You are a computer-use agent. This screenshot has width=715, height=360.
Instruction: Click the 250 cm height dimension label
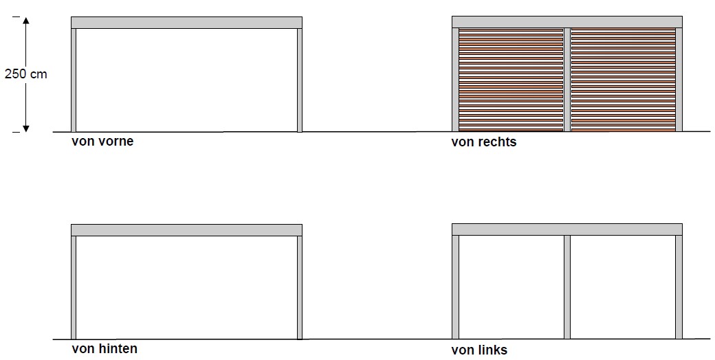point(26,74)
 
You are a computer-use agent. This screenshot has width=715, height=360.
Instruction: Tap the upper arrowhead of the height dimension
point(26,21)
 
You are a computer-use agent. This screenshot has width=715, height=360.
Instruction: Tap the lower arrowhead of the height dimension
point(26,128)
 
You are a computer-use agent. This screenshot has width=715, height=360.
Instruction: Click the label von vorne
point(102,142)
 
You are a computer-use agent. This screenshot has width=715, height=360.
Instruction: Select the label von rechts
point(484,142)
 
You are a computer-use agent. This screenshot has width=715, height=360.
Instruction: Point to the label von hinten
point(104,348)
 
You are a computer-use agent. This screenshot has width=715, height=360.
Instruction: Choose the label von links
point(479,350)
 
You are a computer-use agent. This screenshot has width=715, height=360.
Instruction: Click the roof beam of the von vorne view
point(186,23)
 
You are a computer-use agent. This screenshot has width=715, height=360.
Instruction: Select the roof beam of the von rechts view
point(567,22)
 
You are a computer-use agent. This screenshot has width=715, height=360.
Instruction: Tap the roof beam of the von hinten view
point(186,230)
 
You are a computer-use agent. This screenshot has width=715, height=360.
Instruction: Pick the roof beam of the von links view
point(567,229)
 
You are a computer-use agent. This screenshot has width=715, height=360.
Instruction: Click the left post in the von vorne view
point(74,80)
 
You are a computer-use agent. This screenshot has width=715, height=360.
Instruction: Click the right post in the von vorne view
point(300,80)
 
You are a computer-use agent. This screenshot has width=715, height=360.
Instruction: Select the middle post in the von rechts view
point(567,80)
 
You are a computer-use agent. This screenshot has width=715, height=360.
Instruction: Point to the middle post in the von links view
point(567,287)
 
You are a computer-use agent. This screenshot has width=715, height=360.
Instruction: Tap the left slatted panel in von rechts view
point(511,80)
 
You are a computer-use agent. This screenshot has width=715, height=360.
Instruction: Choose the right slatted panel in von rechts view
point(624,80)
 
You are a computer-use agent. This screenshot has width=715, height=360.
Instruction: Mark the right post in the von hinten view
point(300,288)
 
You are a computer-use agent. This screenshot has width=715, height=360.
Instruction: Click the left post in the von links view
point(456,287)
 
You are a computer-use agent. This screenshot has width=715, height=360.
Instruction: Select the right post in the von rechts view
point(679,80)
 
